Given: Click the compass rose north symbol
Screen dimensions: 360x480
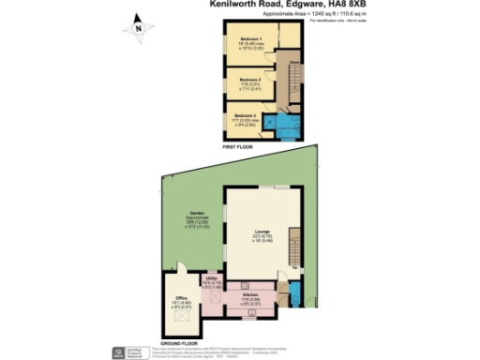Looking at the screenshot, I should (139, 27).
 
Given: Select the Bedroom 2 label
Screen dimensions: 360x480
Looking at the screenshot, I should (247, 80).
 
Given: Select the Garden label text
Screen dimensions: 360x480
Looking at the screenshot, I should (196, 212).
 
